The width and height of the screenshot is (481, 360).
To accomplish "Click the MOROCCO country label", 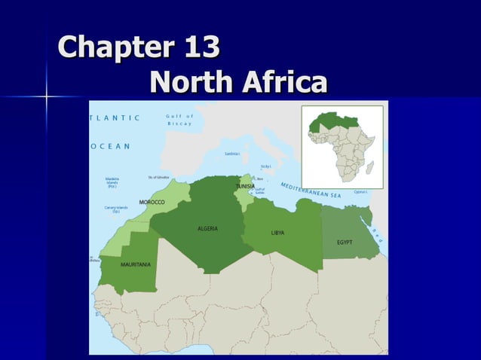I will (152, 202).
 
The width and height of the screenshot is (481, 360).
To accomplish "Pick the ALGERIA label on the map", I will (207, 228).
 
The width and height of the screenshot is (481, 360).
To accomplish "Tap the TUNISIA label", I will (245, 186).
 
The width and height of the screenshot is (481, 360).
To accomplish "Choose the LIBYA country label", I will (277, 233).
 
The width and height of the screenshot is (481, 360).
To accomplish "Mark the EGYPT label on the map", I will (345, 242).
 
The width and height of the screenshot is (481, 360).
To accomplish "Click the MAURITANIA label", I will (136, 264).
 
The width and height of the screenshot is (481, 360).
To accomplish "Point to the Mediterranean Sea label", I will (311, 190).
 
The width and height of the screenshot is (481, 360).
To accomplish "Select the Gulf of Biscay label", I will (180, 120).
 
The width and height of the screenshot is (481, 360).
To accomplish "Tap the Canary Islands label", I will (116, 209).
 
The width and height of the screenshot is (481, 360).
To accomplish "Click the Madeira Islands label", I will (112, 182).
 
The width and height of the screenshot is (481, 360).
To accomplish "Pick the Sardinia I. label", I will (232, 154).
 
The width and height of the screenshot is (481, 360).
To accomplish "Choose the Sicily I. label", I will (265, 166).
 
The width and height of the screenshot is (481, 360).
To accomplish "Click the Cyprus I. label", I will (360, 191).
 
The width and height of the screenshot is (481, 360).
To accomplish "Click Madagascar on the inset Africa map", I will (370, 166).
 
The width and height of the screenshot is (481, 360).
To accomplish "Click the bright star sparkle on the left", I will (47, 96).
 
